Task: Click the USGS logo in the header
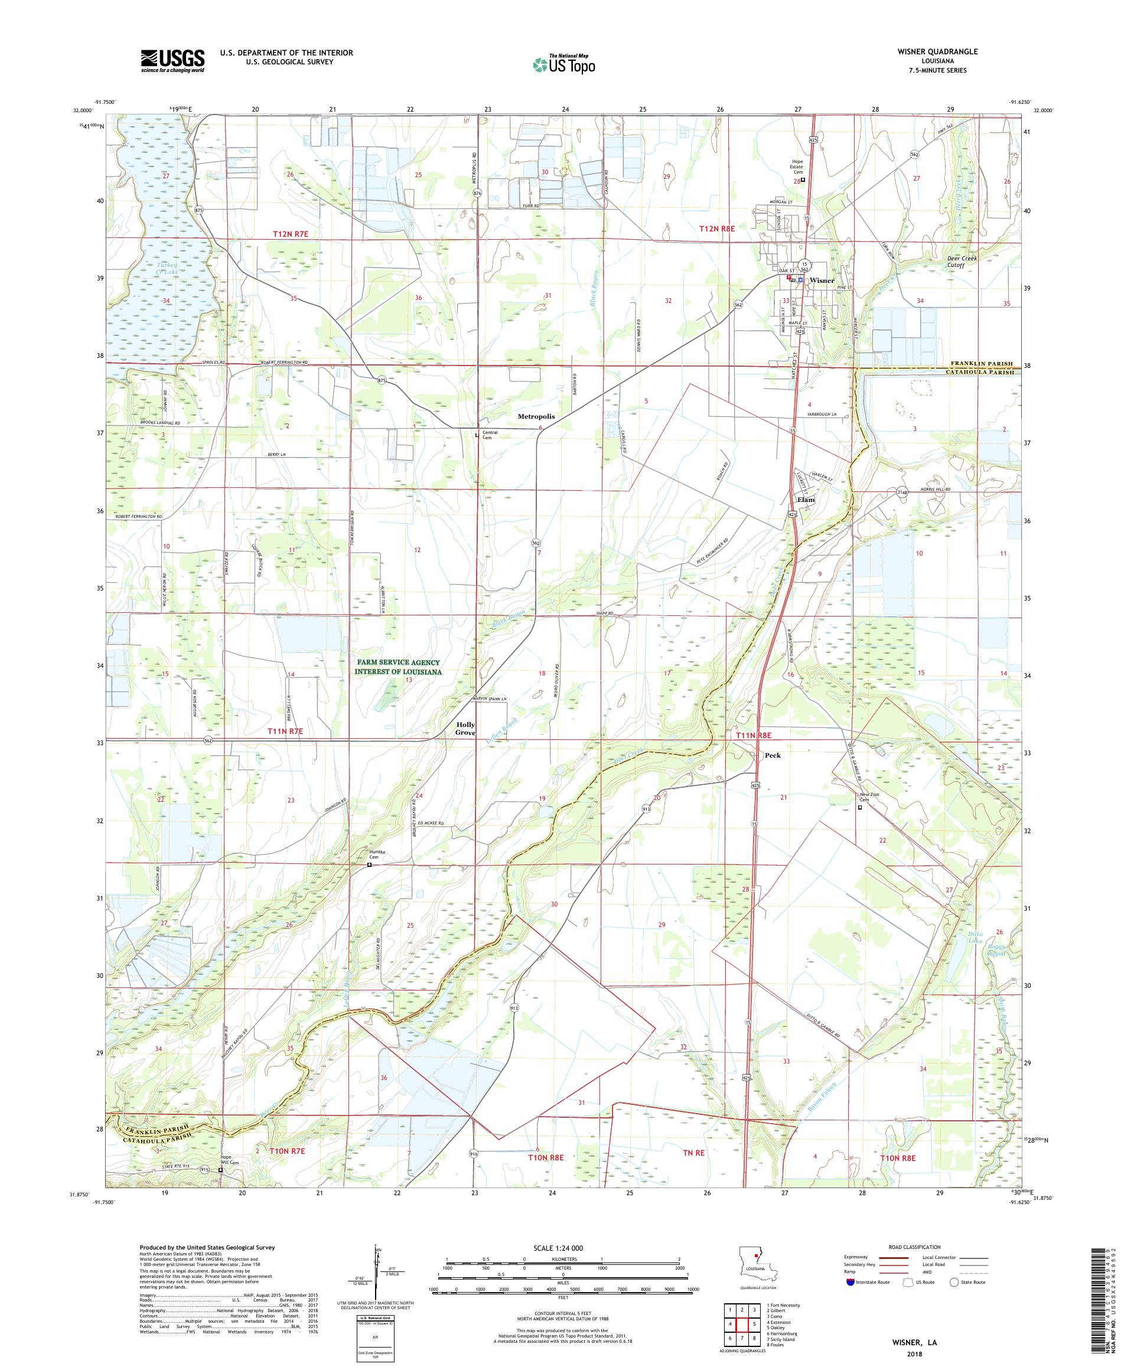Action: coord(173,61)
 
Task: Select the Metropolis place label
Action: coord(536,416)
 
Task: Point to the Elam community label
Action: coord(806,500)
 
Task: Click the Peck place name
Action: coord(773,755)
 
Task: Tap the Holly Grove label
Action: coord(465,729)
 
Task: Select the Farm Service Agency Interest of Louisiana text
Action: coord(398,667)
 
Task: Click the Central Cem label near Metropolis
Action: coord(490,435)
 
